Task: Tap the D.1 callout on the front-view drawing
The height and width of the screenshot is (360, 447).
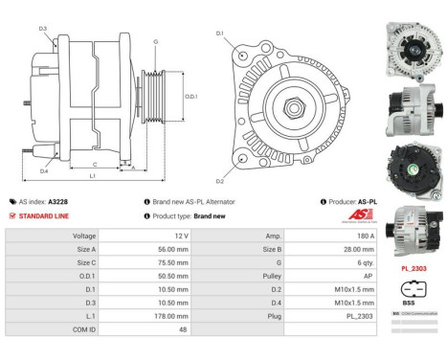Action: [219, 34]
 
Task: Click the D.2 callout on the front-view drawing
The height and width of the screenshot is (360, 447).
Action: [219, 180]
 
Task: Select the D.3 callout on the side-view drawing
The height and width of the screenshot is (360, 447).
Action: [43, 29]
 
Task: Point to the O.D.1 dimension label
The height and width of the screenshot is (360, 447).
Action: [190, 96]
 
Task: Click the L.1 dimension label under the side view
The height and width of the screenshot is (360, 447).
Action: [92, 176]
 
